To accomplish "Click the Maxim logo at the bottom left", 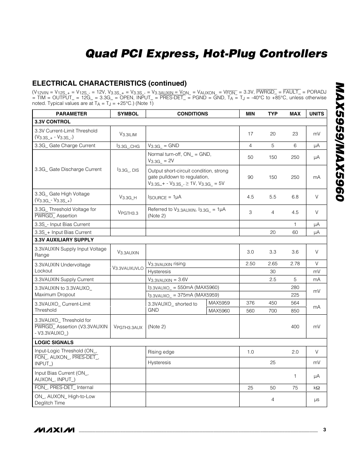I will click(x=54, y=430).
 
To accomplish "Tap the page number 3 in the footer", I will click(x=324, y=429).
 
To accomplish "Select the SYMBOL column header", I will click(x=128, y=114).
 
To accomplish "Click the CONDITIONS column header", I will click(x=192, y=114).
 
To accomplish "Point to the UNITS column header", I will click(x=317, y=114).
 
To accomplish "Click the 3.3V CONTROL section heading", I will click(x=52, y=122).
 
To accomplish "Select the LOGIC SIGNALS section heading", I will click(x=54, y=342).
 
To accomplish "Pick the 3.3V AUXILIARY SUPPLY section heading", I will click(x=64, y=240).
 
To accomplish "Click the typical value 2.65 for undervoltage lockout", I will click(x=272, y=264).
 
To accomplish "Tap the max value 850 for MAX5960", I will click(x=295, y=311).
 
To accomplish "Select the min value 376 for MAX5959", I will click(x=250, y=303).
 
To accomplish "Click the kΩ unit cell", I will click(x=317, y=388).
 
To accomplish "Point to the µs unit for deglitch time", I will click(x=317, y=400).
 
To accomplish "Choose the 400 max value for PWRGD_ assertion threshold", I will click(x=295, y=327).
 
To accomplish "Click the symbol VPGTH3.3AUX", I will click(x=128, y=327).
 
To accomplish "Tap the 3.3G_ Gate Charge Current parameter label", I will click(x=65, y=146).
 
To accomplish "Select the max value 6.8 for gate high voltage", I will click(x=295, y=197).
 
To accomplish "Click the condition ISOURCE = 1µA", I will click(x=165, y=197).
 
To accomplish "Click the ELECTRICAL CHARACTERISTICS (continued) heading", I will click(x=109, y=83).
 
